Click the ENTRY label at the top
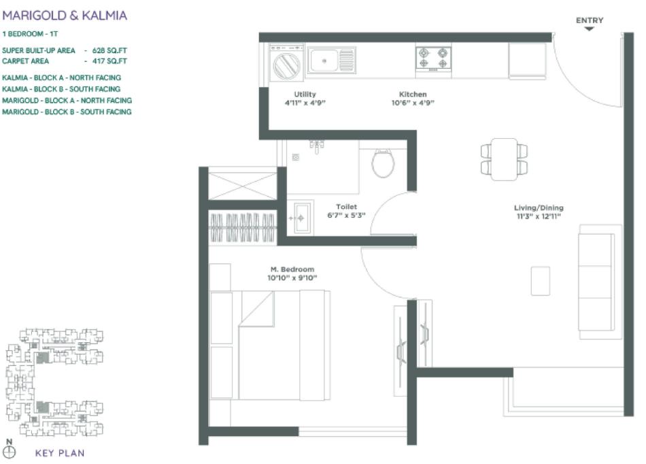(x=589, y=20)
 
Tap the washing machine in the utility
(x=286, y=65)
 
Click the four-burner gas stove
(x=434, y=58)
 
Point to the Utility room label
(x=305, y=94)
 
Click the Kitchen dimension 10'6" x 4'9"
(x=413, y=103)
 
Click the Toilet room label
(x=346, y=207)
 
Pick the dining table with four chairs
(x=504, y=159)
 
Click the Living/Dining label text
(x=539, y=208)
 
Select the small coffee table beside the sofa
(x=541, y=280)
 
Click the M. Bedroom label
(x=292, y=269)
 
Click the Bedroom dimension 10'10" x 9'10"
(x=292, y=278)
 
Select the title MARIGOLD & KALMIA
(x=65, y=15)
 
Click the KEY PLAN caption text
(x=60, y=453)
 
